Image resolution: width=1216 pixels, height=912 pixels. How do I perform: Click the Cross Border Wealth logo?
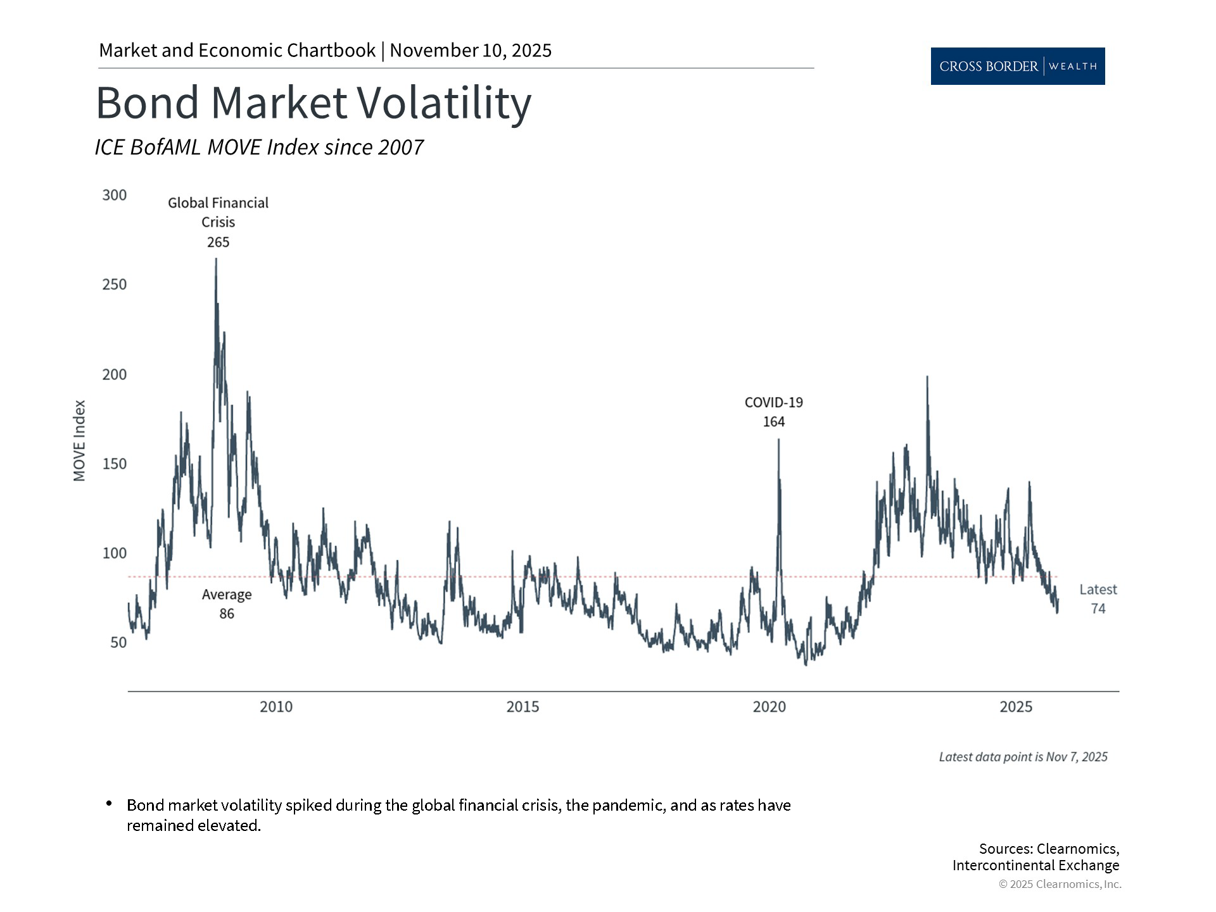pyautogui.click(x=1017, y=66)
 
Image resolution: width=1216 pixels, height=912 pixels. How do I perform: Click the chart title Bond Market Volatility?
pyautogui.click(x=313, y=103)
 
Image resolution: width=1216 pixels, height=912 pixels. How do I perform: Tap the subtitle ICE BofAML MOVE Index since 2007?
pyautogui.click(x=259, y=147)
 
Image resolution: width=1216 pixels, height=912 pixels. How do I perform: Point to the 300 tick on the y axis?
pyautogui.click(x=115, y=195)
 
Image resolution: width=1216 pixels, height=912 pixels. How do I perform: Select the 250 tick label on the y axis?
pyautogui.click(x=115, y=284)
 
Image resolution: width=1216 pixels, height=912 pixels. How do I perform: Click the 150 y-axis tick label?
pyautogui.click(x=115, y=464)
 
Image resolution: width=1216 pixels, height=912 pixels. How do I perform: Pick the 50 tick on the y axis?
pyautogui.click(x=118, y=642)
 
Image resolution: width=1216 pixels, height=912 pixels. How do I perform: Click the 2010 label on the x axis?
pyautogui.click(x=276, y=707)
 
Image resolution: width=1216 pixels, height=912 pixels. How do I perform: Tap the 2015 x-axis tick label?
pyautogui.click(x=522, y=707)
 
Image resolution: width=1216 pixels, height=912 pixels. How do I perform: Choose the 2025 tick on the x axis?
pyautogui.click(x=1016, y=707)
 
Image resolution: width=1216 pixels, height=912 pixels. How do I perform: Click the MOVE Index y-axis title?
pyautogui.click(x=80, y=440)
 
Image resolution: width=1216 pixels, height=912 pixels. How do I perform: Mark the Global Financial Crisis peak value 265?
pyautogui.click(x=218, y=242)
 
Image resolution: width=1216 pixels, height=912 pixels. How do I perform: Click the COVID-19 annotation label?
pyautogui.click(x=773, y=402)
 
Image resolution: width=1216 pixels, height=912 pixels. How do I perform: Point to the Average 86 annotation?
pyautogui.click(x=227, y=604)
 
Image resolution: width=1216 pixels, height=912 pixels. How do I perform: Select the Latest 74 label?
pyautogui.click(x=1098, y=599)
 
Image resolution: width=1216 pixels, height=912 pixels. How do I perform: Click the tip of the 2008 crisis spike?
pyautogui.click(x=216, y=259)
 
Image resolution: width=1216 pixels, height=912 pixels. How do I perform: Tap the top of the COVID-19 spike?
pyautogui.click(x=778, y=440)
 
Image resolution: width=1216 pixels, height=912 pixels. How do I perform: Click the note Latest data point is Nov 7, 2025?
pyautogui.click(x=1023, y=757)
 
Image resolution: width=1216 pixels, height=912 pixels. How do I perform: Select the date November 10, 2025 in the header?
pyautogui.click(x=471, y=51)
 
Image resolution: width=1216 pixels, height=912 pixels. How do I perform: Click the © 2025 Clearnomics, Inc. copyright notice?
pyautogui.click(x=1060, y=884)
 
